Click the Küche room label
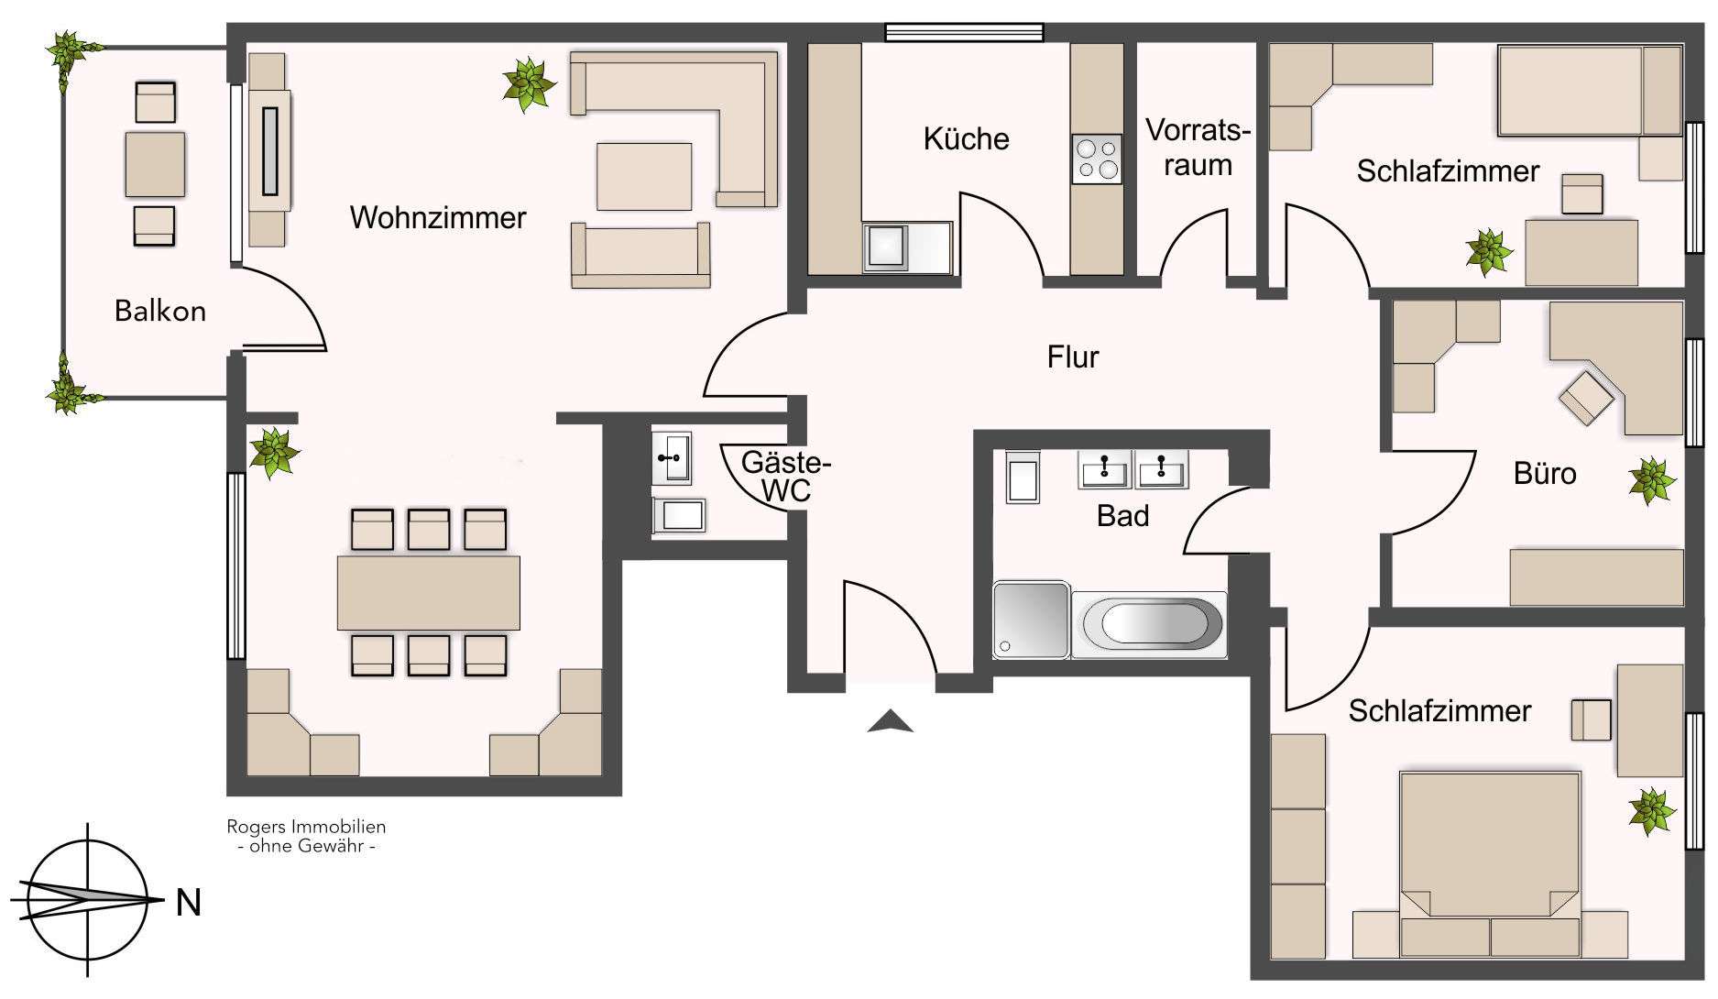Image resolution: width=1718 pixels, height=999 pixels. [966, 139]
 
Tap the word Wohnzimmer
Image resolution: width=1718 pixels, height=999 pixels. [438, 218]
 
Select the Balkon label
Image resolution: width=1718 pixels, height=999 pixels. [160, 312]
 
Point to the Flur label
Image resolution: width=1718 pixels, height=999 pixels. [1073, 357]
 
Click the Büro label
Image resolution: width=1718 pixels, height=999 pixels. [1545, 473]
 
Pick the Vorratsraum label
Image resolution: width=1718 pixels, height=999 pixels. [1198, 148]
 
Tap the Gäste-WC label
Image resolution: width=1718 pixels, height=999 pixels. [785, 476]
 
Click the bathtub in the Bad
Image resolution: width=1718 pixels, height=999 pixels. [1148, 625]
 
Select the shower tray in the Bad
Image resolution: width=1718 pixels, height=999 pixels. [1031, 619]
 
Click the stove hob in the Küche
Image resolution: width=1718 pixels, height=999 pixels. [1097, 159]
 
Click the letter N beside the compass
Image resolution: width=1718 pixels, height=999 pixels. [189, 904]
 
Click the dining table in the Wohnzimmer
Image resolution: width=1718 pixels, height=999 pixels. [428, 592]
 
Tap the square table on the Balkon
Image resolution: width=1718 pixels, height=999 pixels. [155, 165]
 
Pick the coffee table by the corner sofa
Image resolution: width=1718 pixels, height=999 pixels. [644, 176]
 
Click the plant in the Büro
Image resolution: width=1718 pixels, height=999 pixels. [1652, 480]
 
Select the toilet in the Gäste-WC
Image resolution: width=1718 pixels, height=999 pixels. [678, 515]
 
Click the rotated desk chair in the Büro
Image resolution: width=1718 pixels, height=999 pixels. [1586, 397]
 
